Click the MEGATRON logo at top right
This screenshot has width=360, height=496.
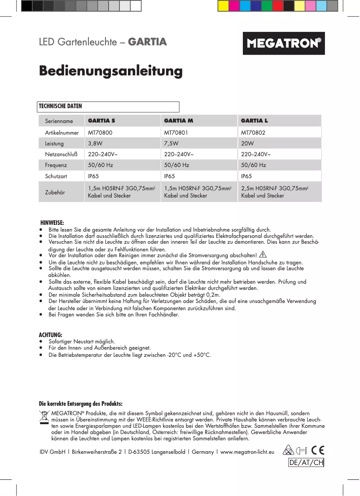coord(284,44)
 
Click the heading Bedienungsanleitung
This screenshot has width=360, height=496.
coord(110,71)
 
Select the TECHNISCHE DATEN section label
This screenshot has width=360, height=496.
coord(61,106)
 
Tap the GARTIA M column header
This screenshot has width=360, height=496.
coord(179,121)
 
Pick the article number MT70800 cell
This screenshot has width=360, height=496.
coord(100,133)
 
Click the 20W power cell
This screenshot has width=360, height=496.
coord(247,144)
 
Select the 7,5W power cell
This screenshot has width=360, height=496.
coord(171,144)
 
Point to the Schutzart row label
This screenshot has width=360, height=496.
coord(56,176)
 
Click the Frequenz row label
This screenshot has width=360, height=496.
coord(56,165)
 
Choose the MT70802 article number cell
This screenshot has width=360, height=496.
coord(253,133)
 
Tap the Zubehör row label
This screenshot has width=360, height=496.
coord(55,192)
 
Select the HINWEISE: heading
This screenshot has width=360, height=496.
coord(52,223)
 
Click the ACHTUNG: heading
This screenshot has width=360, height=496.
coord(50,335)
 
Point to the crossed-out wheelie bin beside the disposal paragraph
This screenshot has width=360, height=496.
coord(44,417)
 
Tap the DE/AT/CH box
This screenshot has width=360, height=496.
coord(306,463)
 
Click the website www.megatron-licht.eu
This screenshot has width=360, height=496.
coord(247,452)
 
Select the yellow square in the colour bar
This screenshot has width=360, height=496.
coord(223,6)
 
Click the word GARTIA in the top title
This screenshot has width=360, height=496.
coord(148,42)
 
